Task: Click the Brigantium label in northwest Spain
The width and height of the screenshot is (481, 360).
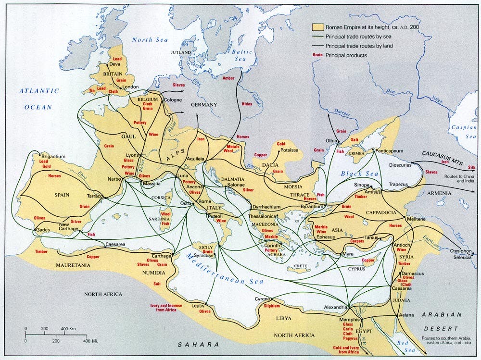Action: click(x=53, y=157)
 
